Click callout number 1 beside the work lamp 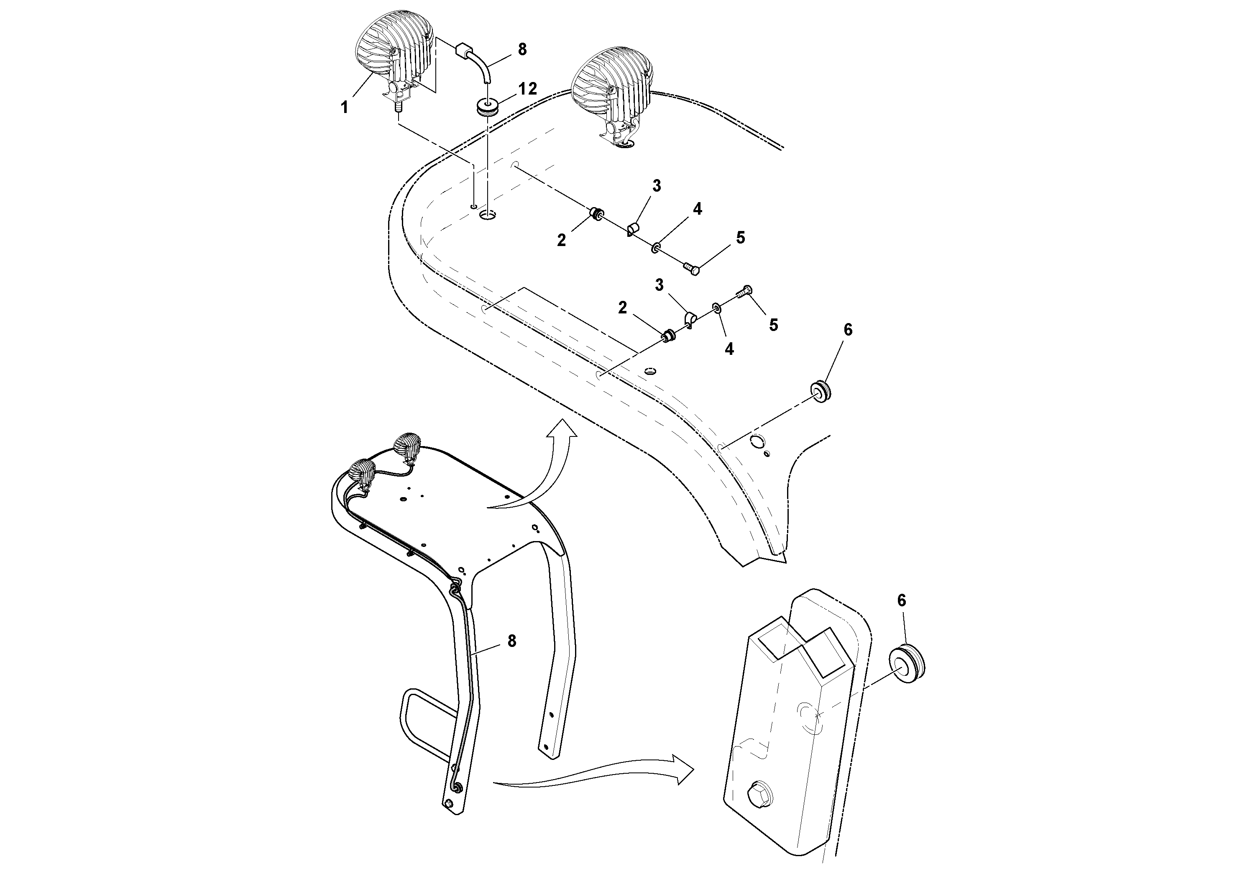tap(344, 108)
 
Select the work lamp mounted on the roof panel tap(613, 92)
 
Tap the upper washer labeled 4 tap(656, 248)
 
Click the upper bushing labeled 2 tap(598, 215)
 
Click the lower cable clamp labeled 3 tap(690, 320)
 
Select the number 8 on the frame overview tap(511, 641)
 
